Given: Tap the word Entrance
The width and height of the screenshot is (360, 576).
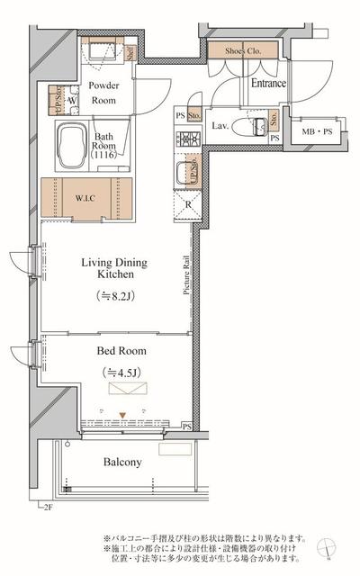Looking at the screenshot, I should click(268, 84).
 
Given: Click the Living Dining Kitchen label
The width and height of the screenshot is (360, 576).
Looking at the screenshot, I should click(114, 269).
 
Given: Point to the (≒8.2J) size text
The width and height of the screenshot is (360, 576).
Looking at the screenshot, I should click(114, 295).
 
